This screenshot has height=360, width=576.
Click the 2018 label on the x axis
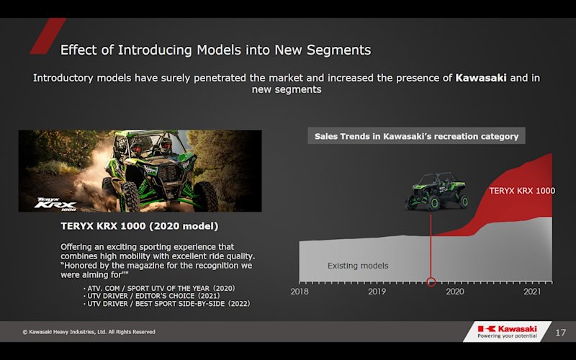300,292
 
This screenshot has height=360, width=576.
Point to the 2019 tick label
377,292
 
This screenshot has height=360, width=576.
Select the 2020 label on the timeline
455,292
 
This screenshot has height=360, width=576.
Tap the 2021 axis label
532,292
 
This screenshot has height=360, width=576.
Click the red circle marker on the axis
431,282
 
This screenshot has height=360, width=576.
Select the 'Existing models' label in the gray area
358,266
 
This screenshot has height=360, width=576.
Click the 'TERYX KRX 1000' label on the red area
522,191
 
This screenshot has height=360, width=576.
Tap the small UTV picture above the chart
437,192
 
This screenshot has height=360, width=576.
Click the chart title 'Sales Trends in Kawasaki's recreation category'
416,136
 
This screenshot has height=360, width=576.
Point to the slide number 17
560,333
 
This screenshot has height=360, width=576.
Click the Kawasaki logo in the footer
508,331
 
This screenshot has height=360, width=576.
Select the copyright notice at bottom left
89,332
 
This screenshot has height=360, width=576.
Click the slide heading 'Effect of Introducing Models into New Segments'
215,50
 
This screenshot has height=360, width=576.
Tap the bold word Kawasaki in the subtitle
481,78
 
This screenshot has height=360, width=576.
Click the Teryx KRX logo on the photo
55,204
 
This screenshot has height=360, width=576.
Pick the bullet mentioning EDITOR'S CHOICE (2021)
151,296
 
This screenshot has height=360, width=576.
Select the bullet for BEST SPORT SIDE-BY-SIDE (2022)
166,304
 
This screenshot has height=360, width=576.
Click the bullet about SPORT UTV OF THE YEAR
158,289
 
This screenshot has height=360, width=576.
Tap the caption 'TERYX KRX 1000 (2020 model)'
140,226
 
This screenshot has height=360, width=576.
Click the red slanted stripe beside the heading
48,36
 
